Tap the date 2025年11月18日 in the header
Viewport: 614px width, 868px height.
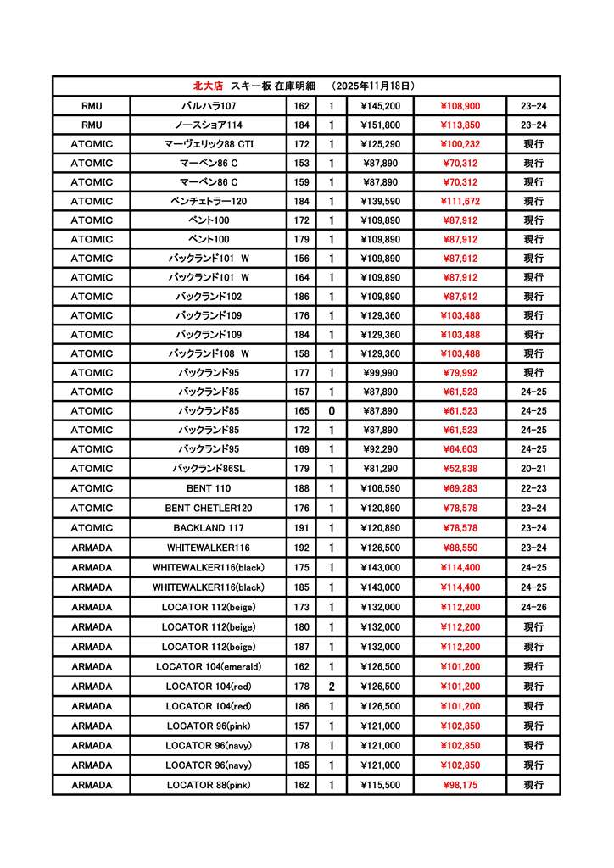(372, 86)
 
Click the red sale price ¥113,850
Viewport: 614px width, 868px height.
(460, 125)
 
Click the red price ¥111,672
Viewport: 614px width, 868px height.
(460, 201)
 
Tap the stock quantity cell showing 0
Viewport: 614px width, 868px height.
(332, 411)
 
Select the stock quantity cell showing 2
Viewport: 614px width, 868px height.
(332, 687)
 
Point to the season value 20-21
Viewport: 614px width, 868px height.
(533, 469)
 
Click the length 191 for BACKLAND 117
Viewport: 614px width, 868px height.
(301, 527)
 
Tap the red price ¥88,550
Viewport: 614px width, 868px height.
(460, 548)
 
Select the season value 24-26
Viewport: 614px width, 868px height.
(533, 607)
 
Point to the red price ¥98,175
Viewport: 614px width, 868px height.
(460, 785)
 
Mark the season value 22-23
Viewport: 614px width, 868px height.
(533, 488)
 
